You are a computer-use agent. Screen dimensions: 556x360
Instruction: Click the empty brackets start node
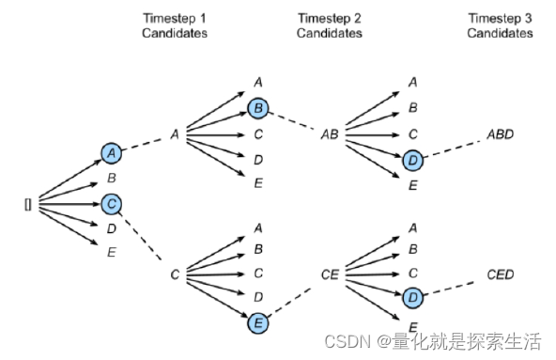[28, 205]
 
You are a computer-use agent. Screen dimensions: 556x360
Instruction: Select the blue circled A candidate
[112, 153]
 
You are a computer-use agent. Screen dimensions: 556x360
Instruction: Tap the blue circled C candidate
[112, 204]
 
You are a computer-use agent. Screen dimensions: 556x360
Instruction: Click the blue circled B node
[258, 108]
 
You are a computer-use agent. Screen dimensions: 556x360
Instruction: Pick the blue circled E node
[258, 323]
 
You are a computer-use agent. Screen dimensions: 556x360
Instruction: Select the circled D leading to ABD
[412, 160]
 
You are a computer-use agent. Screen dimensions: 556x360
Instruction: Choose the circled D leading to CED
[412, 297]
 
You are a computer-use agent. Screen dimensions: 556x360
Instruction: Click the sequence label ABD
[500, 134]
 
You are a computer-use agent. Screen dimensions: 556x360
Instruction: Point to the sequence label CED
[500, 274]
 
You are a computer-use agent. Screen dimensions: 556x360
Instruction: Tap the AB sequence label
[330, 134]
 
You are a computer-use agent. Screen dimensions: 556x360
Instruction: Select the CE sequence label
[330, 274]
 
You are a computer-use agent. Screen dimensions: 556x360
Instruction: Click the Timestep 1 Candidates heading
[175, 25]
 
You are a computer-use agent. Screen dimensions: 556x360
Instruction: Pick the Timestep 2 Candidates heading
[330, 25]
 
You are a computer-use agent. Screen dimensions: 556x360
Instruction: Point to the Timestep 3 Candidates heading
[500, 25]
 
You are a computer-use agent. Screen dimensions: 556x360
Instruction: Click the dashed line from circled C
[140, 237]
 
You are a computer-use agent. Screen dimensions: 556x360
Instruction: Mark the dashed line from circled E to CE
[289, 302]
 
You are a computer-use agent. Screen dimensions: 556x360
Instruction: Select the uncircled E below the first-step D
[112, 252]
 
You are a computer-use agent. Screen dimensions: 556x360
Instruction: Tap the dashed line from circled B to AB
[291, 120]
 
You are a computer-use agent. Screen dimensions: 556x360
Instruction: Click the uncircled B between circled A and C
[112, 178]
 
